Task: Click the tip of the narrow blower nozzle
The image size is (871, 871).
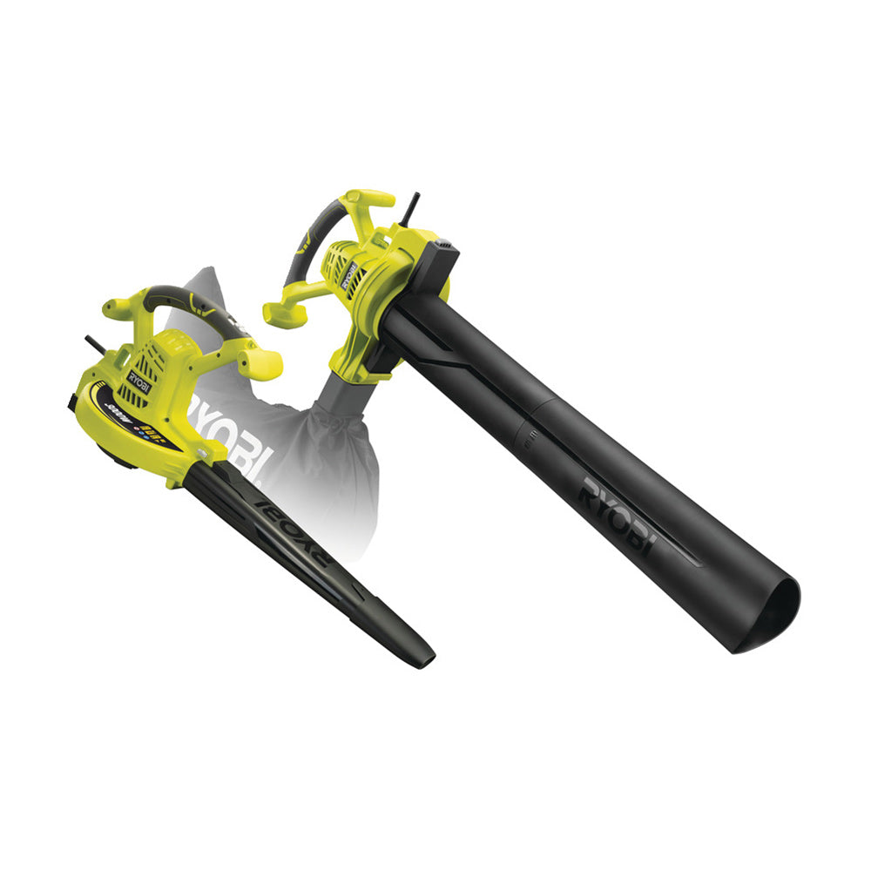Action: tap(422, 655)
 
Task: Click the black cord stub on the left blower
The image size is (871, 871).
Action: tap(94, 344)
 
